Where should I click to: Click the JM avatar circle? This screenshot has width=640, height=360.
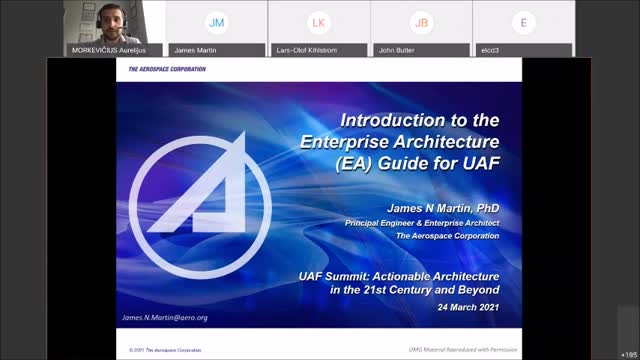point(215,22)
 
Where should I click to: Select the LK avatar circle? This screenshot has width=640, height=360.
point(318,22)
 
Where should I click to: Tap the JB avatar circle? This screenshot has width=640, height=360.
point(421,22)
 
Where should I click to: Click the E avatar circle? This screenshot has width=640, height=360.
point(523,22)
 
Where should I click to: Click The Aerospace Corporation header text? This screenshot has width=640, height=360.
point(167,69)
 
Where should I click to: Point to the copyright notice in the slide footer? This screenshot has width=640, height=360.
point(165,350)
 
